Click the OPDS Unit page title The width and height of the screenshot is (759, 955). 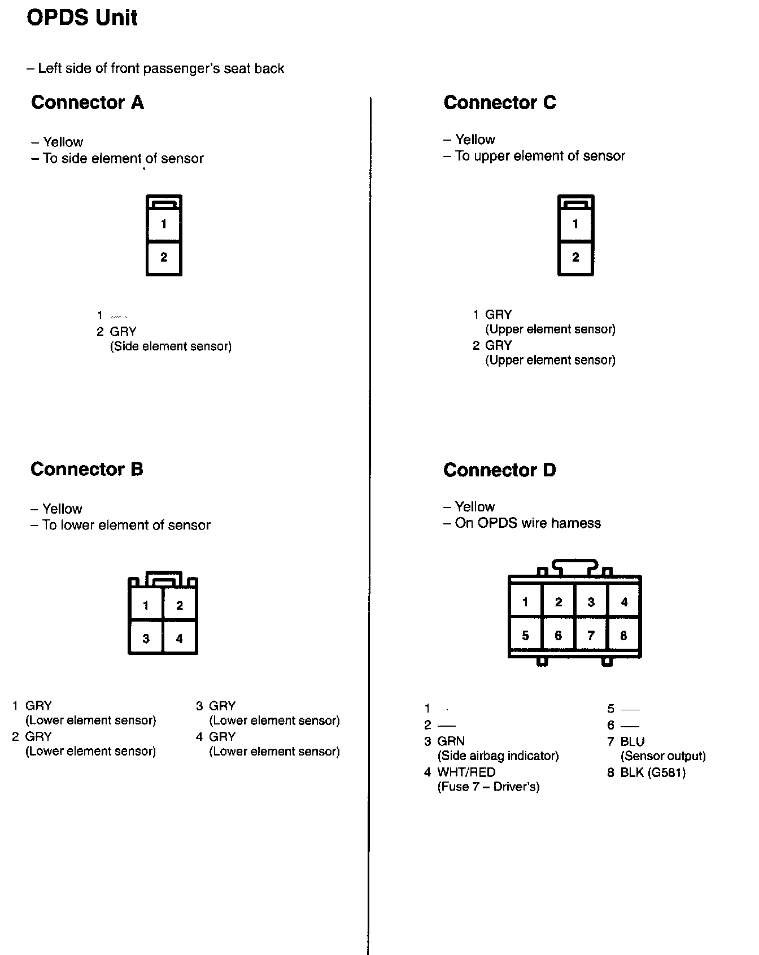click(82, 18)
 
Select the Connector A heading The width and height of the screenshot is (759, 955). click(88, 102)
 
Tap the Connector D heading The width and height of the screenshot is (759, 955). click(500, 470)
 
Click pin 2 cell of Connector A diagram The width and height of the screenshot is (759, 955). click(164, 258)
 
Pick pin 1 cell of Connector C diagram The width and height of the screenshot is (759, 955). click(575, 224)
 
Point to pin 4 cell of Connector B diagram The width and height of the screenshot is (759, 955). click(180, 639)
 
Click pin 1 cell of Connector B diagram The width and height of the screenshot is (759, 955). click(146, 606)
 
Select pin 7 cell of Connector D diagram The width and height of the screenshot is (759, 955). click(591, 636)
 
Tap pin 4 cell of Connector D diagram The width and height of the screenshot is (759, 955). click(624, 602)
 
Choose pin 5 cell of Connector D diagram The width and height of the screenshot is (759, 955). click(525, 636)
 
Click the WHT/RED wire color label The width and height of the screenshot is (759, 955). click(466, 772)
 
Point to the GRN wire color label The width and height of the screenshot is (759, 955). click(451, 741)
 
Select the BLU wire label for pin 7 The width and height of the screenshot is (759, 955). click(632, 741)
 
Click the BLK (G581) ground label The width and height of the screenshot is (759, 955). click(653, 772)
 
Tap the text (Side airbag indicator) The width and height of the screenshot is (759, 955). click(498, 756)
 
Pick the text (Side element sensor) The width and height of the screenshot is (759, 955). click(171, 346)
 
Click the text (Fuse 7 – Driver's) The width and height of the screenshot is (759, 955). click(488, 787)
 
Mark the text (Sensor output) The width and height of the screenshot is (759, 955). click(663, 756)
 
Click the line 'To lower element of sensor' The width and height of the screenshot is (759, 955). click(126, 525)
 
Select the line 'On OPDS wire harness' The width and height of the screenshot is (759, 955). click(527, 523)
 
